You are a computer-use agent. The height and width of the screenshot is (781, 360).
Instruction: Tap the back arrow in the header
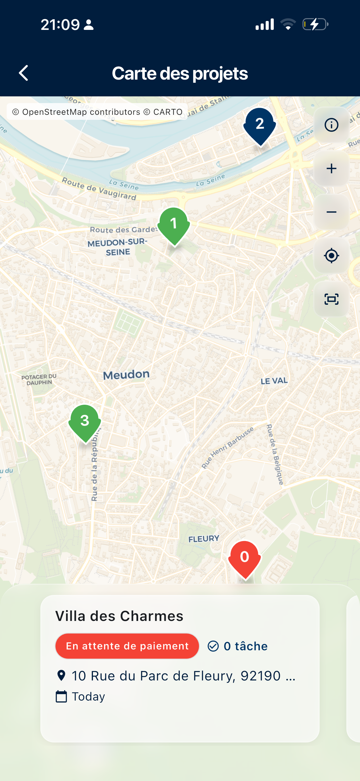24,73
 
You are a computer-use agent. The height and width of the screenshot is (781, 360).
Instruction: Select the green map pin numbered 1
174,225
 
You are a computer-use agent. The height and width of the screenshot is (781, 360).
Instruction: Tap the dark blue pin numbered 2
260,125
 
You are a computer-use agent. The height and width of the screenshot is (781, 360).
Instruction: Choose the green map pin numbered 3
85,422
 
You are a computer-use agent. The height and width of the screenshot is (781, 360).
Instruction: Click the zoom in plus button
331,168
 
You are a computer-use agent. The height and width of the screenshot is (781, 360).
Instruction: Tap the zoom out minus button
331,212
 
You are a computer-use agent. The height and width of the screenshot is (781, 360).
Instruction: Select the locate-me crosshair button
331,256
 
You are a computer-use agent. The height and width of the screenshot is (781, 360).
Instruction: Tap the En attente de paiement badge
127,646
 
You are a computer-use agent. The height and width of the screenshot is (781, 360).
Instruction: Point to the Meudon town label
126,375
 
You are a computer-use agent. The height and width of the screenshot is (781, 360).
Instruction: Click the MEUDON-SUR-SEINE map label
117,247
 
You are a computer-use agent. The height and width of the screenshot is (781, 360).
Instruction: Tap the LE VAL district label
274,381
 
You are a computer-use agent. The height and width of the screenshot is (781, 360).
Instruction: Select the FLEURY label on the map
204,539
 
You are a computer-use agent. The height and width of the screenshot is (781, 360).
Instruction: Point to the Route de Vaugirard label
99,189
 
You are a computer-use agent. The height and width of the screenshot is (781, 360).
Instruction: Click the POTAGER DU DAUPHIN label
39,379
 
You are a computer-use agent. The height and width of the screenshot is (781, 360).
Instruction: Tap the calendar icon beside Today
61,696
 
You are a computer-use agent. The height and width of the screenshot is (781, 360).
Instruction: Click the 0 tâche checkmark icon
213,646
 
